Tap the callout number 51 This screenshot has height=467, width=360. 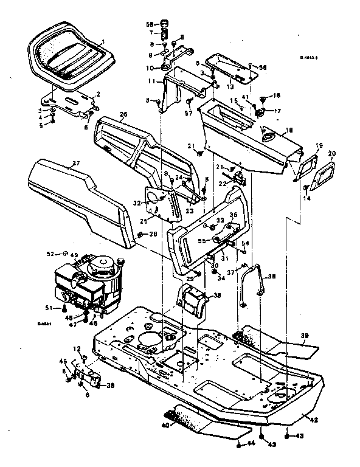[x=63, y=308]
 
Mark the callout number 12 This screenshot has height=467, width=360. [x=77, y=348]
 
